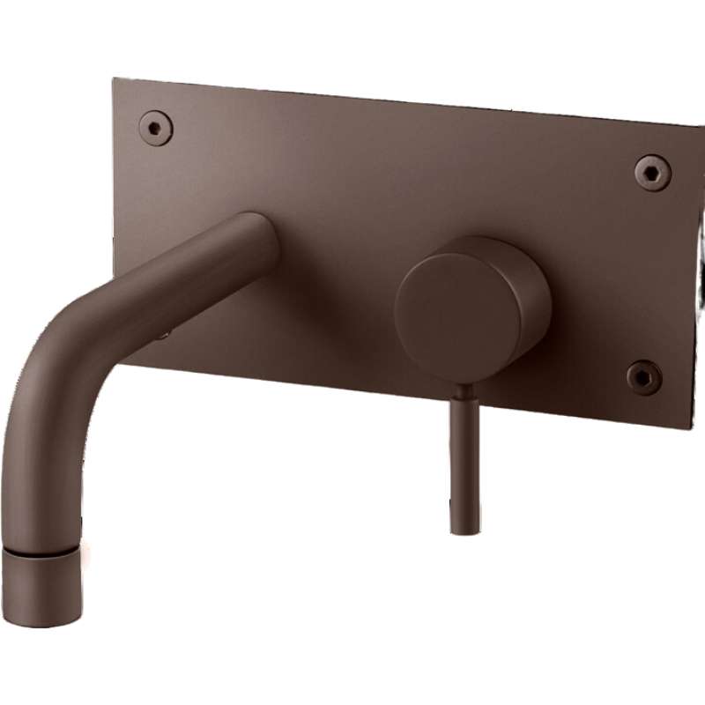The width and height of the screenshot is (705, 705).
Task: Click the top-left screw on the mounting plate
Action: pos(155,127)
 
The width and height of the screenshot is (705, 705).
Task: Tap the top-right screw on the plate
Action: pos(653,172)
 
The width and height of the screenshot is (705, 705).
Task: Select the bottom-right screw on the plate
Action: pos(643,377)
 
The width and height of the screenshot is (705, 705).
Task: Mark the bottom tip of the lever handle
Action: pos(462,530)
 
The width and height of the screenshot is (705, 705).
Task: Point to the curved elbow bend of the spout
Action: pos(62,370)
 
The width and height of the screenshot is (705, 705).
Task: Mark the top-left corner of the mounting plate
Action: pos(115,81)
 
